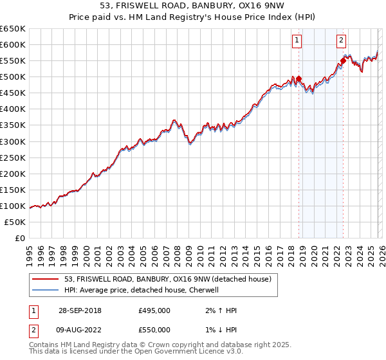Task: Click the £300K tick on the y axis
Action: point(13,141)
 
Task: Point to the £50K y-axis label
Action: point(15,222)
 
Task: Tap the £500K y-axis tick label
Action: point(13,76)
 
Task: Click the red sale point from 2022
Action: point(343,61)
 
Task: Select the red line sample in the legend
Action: point(46,280)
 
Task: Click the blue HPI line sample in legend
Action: point(46,290)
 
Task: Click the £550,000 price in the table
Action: point(154,330)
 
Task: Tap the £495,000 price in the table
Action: point(154,310)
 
